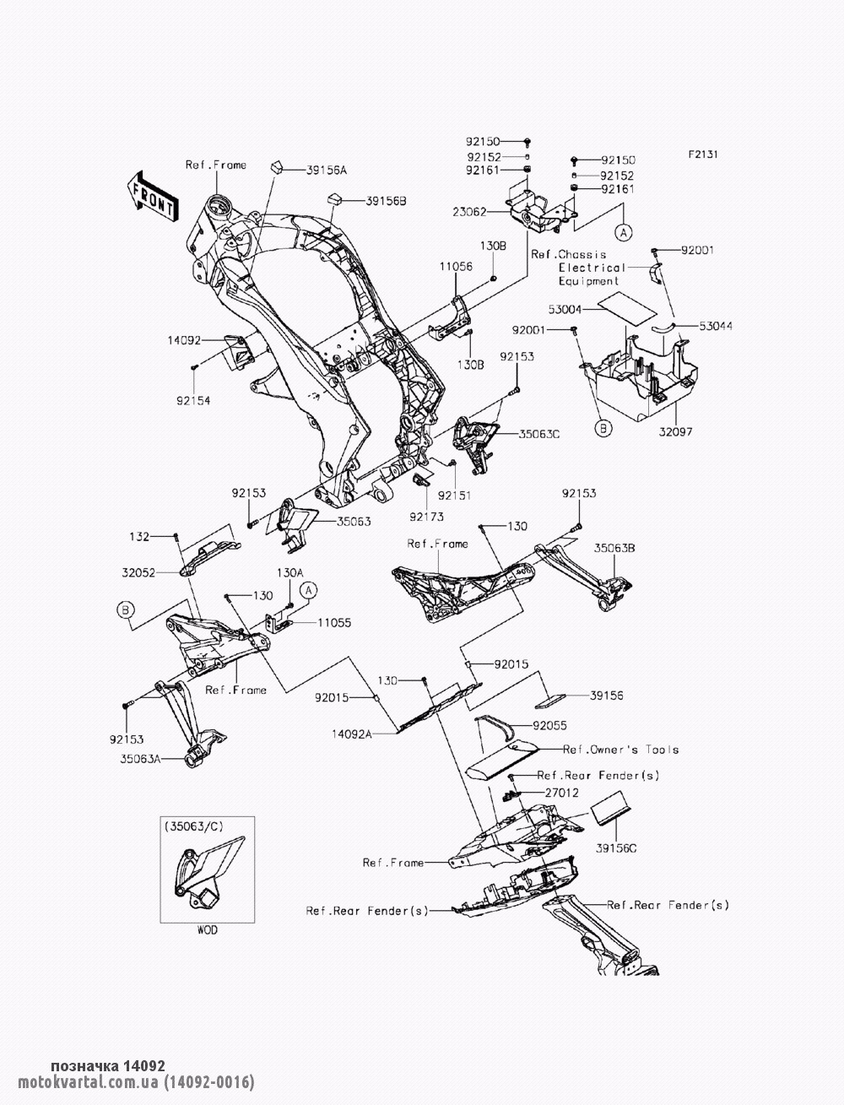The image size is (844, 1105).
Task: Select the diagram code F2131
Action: pos(703,154)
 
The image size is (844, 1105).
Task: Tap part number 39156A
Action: pos(327,171)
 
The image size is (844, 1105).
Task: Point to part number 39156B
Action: pos(386,201)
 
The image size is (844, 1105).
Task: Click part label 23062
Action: pos(469,212)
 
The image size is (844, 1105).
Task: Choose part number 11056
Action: pos(456,266)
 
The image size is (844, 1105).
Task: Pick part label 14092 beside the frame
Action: pos(184,341)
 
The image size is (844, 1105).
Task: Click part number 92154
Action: pos(193,401)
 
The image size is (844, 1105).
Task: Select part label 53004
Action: pos(565,310)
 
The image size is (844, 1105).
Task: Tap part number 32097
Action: pos(676,431)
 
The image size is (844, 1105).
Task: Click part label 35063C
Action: pos(539,433)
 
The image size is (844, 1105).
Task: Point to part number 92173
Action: pos(426,517)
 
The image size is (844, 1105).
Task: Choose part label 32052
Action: pos(138,572)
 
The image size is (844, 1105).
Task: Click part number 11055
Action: pos(334,623)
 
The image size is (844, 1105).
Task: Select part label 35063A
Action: pos(140,759)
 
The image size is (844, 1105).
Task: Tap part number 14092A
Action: pos(351,734)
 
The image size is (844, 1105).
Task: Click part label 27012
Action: pos(561,793)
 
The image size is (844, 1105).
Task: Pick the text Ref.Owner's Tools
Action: pos(620,750)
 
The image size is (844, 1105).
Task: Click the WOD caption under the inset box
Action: pos(208,930)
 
